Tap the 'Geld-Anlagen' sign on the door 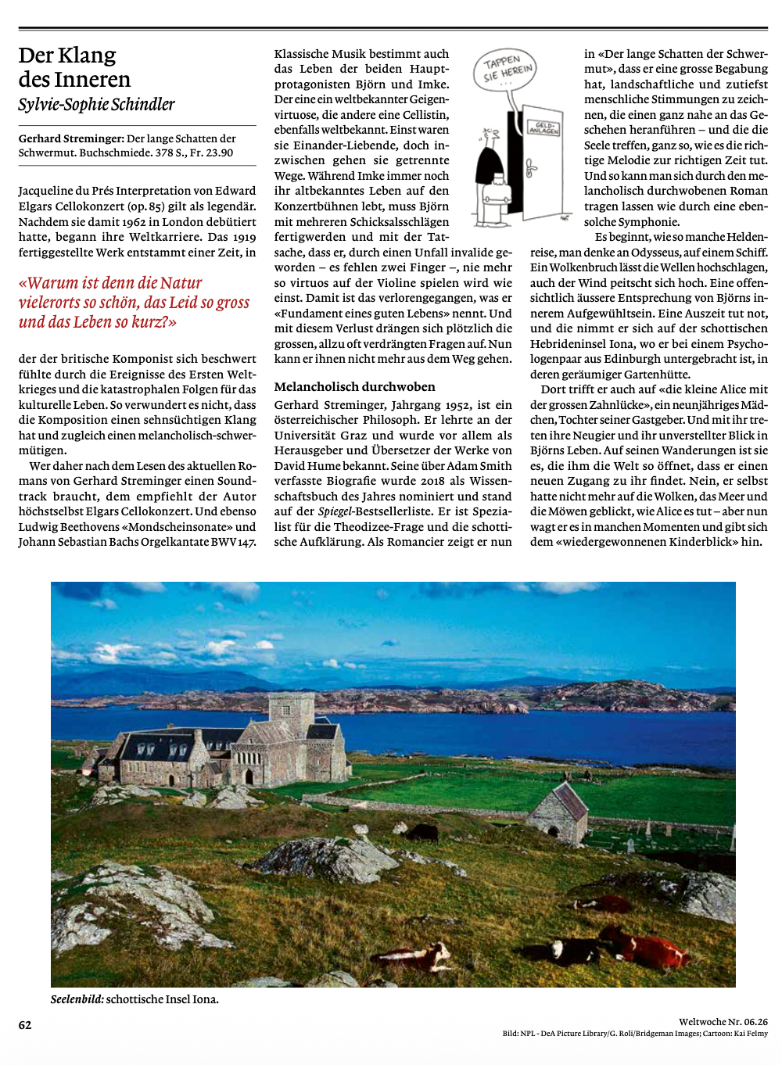click(543, 127)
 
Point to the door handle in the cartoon click(530, 167)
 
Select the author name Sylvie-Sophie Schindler click(96, 105)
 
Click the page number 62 click(25, 1025)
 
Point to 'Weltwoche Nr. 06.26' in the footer click(723, 1021)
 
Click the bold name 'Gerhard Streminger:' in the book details click(71, 138)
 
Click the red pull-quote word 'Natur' click(181, 283)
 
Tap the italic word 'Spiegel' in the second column click(336, 511)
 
